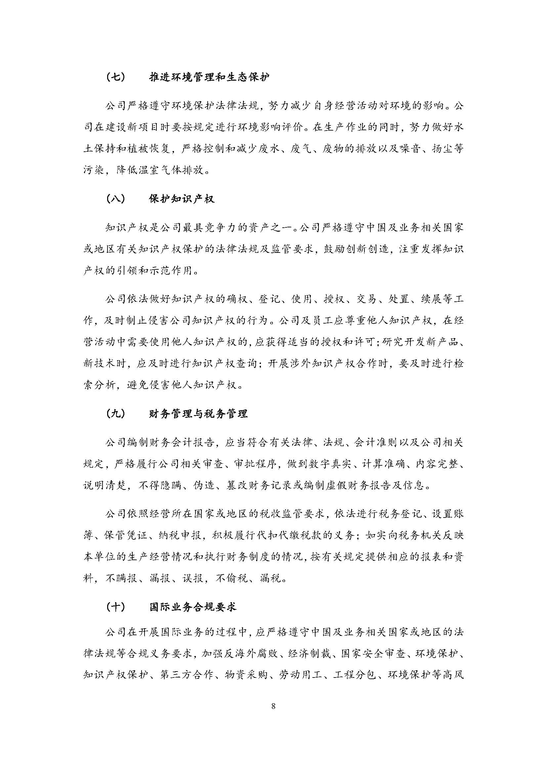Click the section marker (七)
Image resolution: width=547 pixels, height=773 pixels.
coord(115,78)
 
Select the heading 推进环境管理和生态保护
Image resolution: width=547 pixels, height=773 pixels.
coord(209,78)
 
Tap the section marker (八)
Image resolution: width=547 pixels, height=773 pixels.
coord(115,199)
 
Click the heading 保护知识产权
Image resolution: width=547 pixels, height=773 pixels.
coord(182,199)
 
